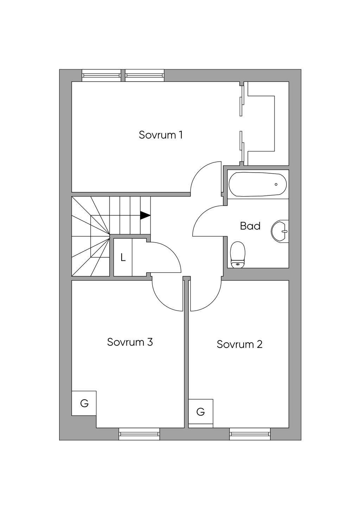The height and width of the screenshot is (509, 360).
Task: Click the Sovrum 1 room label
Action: pos(161,135)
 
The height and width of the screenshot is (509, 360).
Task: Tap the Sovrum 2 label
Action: pos(239,344)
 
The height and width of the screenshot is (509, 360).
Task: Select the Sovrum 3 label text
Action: pos(130,342)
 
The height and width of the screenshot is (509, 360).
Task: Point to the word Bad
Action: pos(250,226)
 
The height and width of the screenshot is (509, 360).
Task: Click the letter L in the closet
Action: pos(123,257)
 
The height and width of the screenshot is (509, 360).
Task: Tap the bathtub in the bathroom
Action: pos(258,184)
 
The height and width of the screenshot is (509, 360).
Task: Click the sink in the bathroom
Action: pos(279,231)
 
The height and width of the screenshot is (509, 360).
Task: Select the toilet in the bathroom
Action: pos(238,255)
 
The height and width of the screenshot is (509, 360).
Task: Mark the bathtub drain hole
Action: pos(276,184)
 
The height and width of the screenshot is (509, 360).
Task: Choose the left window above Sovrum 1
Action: pos(101,76)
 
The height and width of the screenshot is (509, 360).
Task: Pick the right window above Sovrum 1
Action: pos(144,76)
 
